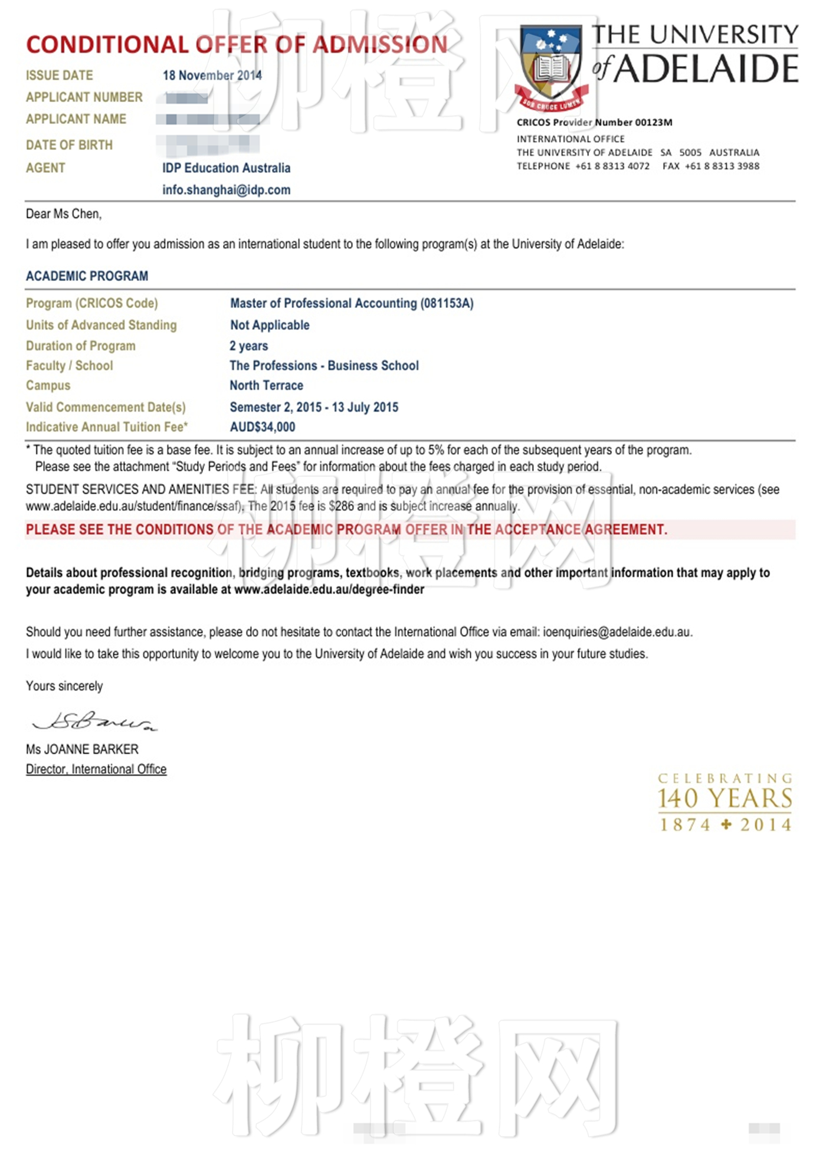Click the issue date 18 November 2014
pos(212,76)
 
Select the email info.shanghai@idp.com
pos(226,190)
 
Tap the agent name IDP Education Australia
pos(226,168)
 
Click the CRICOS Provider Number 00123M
pos(594,123)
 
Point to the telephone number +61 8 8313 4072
pos(612,166)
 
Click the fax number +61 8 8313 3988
pos(722,166)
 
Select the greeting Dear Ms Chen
pos(64,214)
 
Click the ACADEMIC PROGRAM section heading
pos(87,276)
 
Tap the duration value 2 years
pos(249,346)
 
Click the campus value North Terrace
pos(266,385)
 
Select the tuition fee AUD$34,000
pos(263,427)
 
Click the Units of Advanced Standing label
pos(101,325)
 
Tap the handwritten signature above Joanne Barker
pos(94,721)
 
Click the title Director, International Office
pos(96,769)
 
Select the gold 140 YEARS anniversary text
pos(725,799)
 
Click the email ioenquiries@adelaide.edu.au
pos(617,632)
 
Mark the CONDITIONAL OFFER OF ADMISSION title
pos(237,45)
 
